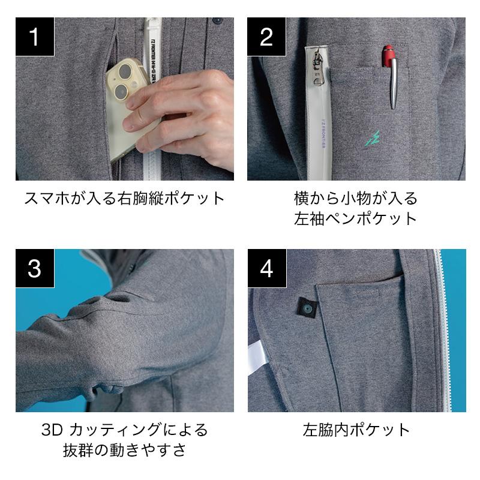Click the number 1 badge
click(x=35, y=37)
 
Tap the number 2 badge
click(x=266, y=37)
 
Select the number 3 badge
click(x=35, y=268)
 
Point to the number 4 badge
click(x=267, y=268)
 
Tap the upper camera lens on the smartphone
click(x=125, y=71)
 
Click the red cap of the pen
click(x=389, y=56)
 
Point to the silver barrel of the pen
click(x=394, y=83)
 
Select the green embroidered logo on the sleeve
click(x=373, y=138)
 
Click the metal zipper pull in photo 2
click(x=317, y=68)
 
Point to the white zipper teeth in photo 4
click(x=443, y=331)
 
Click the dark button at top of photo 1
click(x=217, y=21)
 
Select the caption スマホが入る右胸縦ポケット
click(x=125, y=199)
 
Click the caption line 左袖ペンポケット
click(x=356, y=218)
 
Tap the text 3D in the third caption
click(x=52, y=430)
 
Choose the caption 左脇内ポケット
click(x=356, y=430)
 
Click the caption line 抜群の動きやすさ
click(x=125, y=451)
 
